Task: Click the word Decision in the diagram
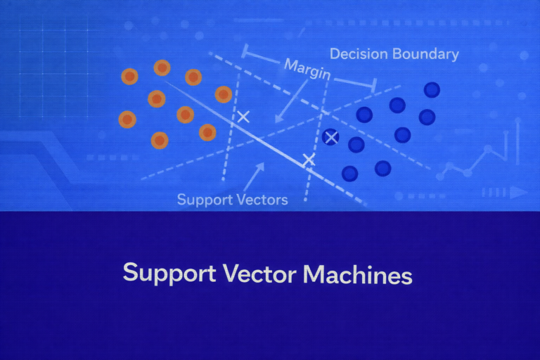pyautogui.click(x=356, y=54)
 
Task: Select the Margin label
pyautogui.click(x=307, y=69)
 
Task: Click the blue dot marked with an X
pyautogui.click(x=330, y=137)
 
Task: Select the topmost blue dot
pyautogui.click(x=431, y=90)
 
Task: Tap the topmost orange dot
pyautogui.click(x=162, y=68)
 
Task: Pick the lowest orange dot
pyautogui.click(x=160, y=141)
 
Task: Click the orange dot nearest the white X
pyautogui.click(x=224, y=94)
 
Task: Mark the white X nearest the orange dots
pyautogui.click(x=243, y=116)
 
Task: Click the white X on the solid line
pyautogui.click(x=308, y=160)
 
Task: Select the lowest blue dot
pyautogui.click(x=349, y=173)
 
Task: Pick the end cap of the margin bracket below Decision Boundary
pyautogui.click(x=373, y=86)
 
